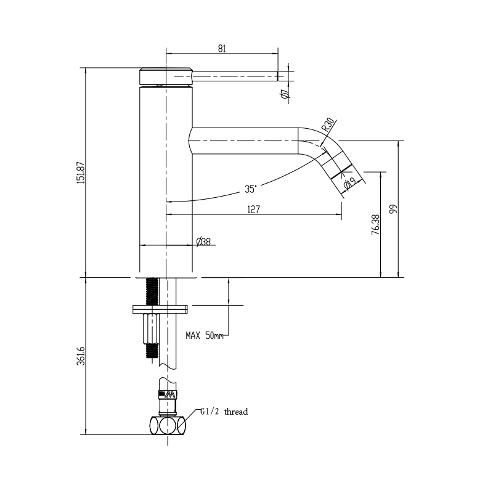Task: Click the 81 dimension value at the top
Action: coord(222,47)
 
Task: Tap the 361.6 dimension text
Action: coord(80,356)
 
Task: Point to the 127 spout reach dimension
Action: coord(253,209)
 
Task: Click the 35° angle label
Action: coord(250,187)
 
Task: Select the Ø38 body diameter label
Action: coord(203,242)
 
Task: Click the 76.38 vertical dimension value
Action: coord(376,225)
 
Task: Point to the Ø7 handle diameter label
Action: coord(285,94)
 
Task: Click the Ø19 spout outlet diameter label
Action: coord(349,184)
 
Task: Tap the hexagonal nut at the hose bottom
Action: coord(168,425)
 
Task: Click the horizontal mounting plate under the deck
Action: coord(160,308)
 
